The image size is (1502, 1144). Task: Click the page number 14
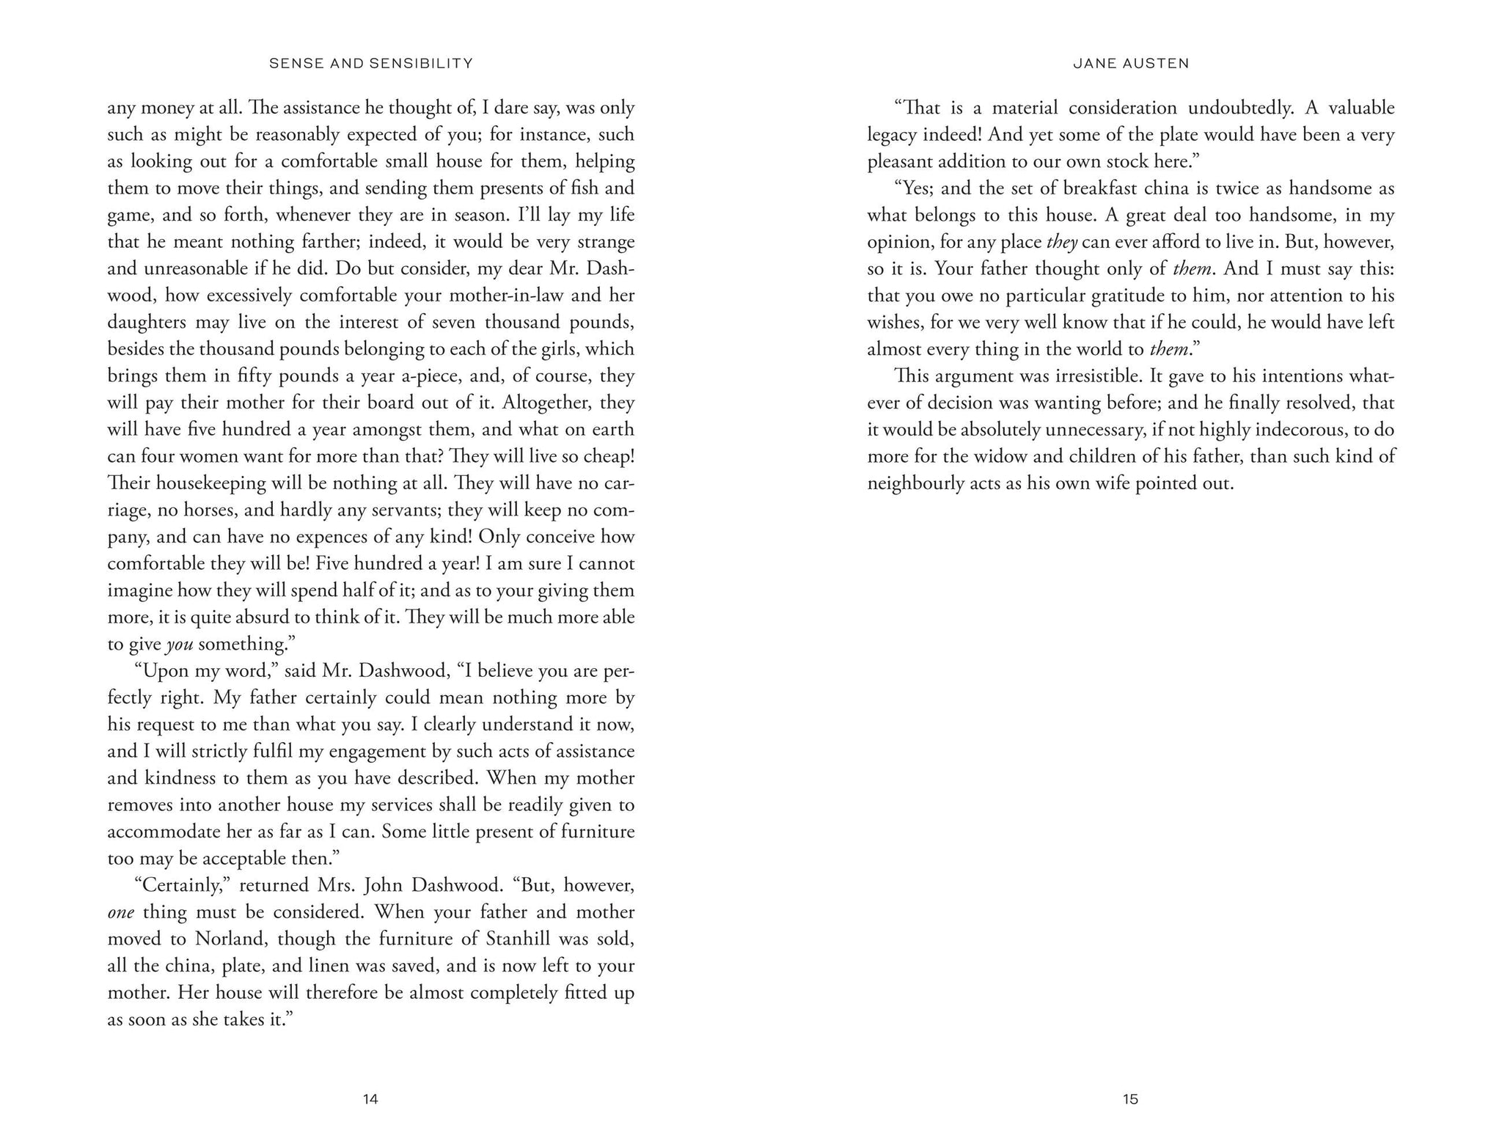370,1099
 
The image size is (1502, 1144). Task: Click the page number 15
1130,1099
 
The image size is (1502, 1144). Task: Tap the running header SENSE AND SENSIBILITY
371,64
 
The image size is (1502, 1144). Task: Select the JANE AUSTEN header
1131,64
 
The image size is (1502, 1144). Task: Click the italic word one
120,912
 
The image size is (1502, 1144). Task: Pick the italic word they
1061,242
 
